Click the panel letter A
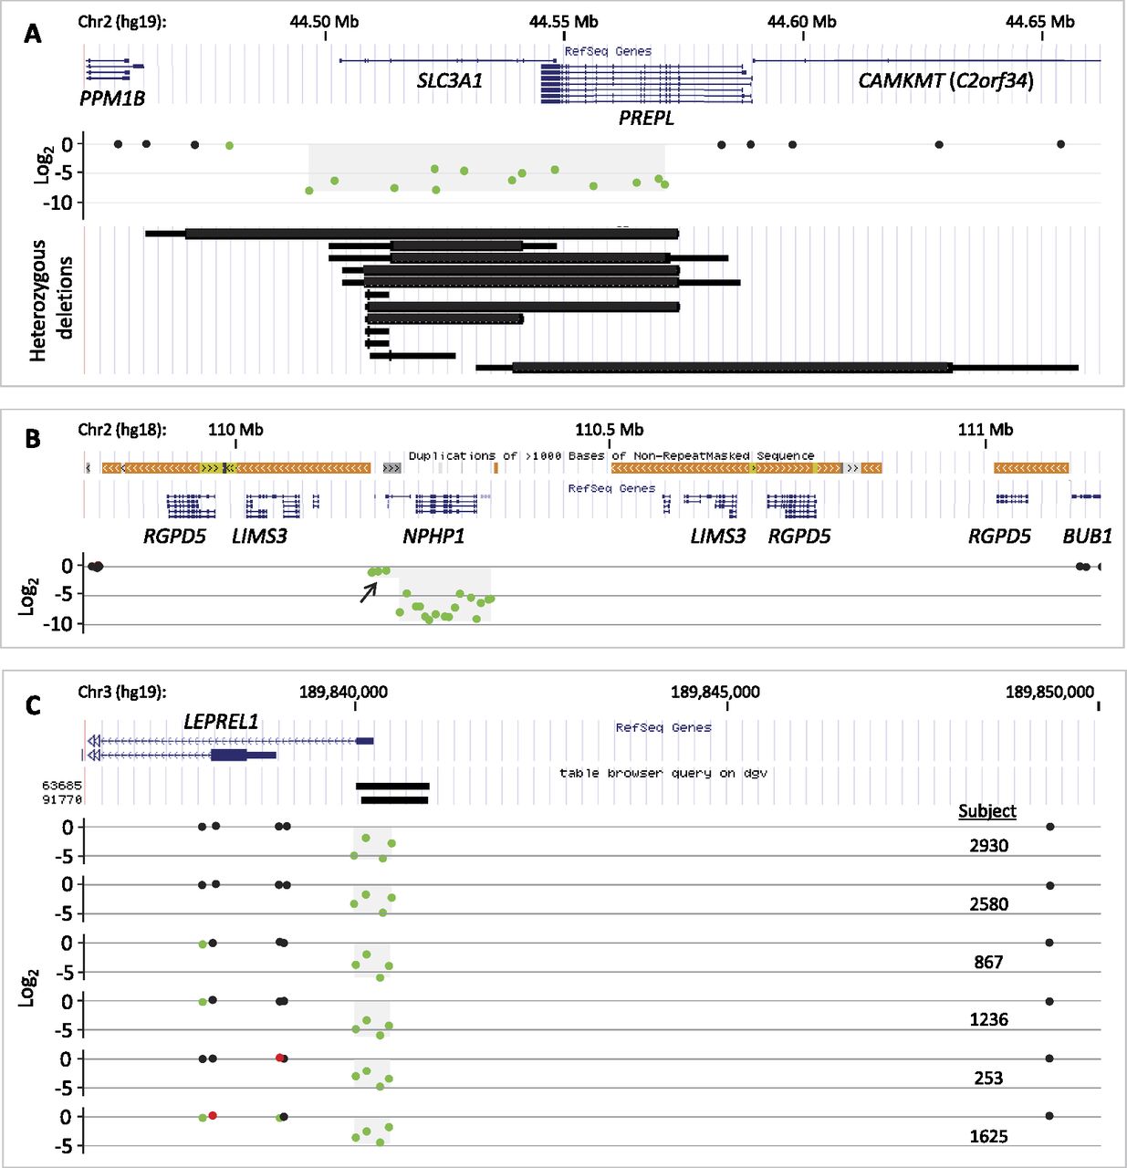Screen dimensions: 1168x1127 33,35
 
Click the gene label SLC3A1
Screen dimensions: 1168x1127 449,80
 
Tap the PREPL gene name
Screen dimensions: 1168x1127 646,118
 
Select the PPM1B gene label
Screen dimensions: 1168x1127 112,99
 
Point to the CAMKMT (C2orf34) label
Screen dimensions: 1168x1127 945,80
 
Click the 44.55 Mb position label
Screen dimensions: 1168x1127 564,22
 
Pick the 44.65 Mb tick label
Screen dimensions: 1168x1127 1040,22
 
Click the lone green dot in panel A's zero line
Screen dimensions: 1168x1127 229,145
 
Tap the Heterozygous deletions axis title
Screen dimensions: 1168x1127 50,300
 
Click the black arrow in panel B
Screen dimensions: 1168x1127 368,592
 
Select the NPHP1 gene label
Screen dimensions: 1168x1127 433,537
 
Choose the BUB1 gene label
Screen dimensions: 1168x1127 1087,537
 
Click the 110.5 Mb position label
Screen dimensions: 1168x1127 609,430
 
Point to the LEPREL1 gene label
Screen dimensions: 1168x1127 221,722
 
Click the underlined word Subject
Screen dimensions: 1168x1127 987,811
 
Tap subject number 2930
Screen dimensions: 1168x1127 988,846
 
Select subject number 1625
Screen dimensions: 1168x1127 988,1136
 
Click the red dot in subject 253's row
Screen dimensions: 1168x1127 279,1058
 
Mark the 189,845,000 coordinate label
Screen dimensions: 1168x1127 715,692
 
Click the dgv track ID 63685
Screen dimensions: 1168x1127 62,786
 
